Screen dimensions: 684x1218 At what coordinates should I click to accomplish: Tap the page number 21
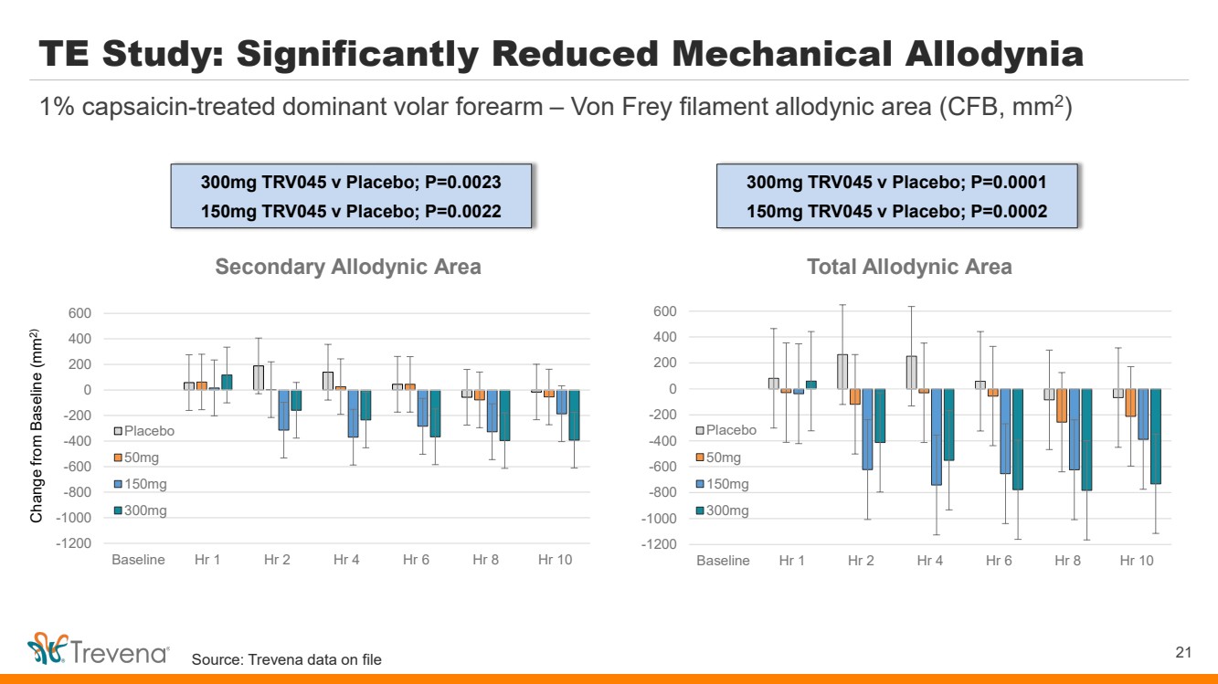click(1183, 652)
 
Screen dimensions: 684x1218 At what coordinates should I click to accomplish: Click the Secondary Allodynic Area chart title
click(347, 267)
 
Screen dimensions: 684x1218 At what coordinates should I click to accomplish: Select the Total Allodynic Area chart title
click(909, 267)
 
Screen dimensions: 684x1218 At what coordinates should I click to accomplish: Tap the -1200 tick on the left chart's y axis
click(76, 543)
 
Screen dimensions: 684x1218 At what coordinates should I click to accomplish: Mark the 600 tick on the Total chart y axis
click(664, 312)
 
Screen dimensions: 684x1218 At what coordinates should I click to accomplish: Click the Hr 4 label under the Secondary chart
click(346, 560)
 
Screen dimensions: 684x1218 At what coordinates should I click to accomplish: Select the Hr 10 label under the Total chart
click(1137, 560)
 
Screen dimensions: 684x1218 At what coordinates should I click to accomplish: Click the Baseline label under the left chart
click(138, 560)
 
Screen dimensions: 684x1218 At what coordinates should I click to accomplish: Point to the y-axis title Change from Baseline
click(37, 425)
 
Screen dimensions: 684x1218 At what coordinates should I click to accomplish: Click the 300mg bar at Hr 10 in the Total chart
click(1155, 437)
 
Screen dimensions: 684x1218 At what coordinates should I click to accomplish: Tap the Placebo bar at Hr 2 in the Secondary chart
click(259, 378)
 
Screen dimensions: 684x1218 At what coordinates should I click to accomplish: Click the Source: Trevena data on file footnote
click(286, 659)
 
